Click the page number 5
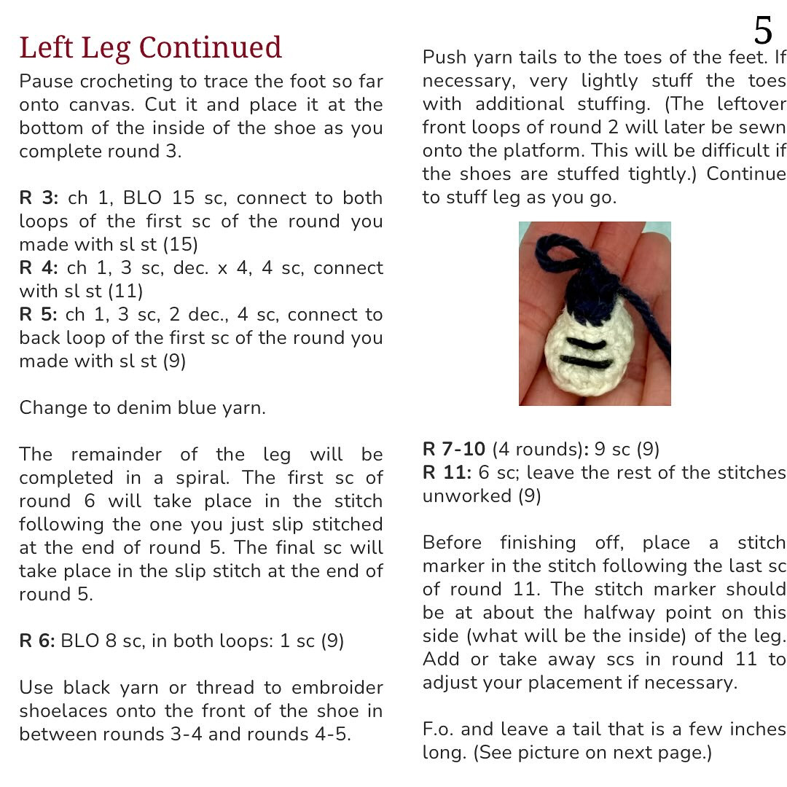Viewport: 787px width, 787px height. click(762, 31)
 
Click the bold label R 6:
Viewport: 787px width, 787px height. click(37, 641)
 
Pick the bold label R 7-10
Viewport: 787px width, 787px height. click(454, 449)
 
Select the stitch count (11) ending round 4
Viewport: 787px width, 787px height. click(125, 291)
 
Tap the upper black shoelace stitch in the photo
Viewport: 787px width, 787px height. click(586, 342)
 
